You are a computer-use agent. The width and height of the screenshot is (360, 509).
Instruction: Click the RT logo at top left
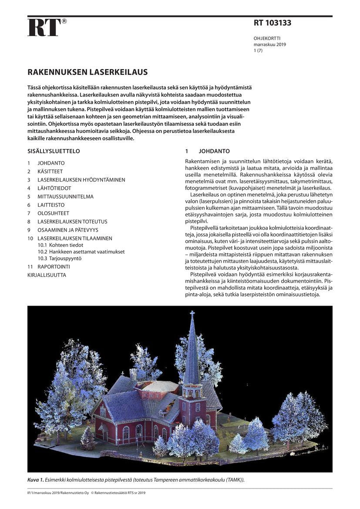(x=44, y=27)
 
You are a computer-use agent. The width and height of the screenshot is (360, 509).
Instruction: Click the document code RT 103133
(x=273, y=23)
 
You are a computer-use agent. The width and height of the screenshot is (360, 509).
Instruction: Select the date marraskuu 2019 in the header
(x=270, y=44)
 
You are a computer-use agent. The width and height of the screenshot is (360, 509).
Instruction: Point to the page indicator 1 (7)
(x=258, y=51)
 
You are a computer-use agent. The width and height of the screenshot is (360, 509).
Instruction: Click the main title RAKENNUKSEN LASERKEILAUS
(x=87, y=72)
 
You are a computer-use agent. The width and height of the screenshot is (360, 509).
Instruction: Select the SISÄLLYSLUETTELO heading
(x=54, y=152)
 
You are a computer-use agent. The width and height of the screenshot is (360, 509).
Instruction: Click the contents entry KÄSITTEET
(x=50, y=172)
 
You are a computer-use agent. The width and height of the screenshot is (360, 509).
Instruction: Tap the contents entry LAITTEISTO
(x=51, y=205)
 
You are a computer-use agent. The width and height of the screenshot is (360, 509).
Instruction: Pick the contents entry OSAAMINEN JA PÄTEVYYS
(x=68, y=230)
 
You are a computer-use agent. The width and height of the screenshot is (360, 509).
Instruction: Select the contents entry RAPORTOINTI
(x=54, y=266)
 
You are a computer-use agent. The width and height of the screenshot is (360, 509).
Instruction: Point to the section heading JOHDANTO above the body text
(x=214, y=152)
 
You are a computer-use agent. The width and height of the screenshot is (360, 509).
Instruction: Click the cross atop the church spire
(x=192, y=313)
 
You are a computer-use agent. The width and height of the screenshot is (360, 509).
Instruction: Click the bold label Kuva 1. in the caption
(x=36, y=479)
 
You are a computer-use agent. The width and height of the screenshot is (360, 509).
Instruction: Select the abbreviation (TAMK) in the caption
(x=236, y=479)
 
